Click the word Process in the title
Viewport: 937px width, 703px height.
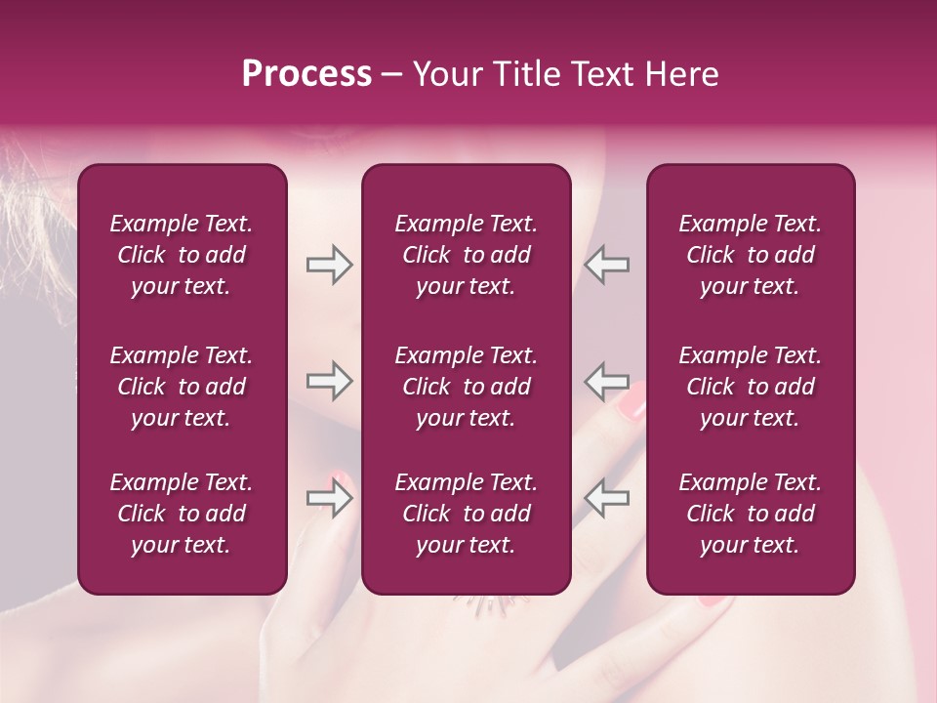click(x=306, y=74)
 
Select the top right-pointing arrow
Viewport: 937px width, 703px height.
click(x=329, y=265)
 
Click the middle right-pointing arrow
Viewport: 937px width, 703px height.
click(x=329, y=381)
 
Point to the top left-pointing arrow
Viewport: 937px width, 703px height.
click(x=607, y=265)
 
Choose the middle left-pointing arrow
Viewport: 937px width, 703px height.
click(x=607, y=381)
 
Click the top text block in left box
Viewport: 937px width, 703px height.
click(x=182, y=255)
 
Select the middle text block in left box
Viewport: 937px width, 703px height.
click(x=182, y=387)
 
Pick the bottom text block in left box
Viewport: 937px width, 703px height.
click(x=182, y=514)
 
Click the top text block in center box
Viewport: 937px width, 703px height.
click(x=466, y=255)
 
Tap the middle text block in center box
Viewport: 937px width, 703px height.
click(x=466, y=387)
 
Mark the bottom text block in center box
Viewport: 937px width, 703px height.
click(x=466, y=514)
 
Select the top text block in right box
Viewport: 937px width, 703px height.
click(x=750, y=255)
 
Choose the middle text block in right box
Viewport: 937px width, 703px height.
click(x=750, y=387)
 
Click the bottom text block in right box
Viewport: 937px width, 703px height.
click(x=750, y=514)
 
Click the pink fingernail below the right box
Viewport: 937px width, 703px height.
click(x=717, y=600)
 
